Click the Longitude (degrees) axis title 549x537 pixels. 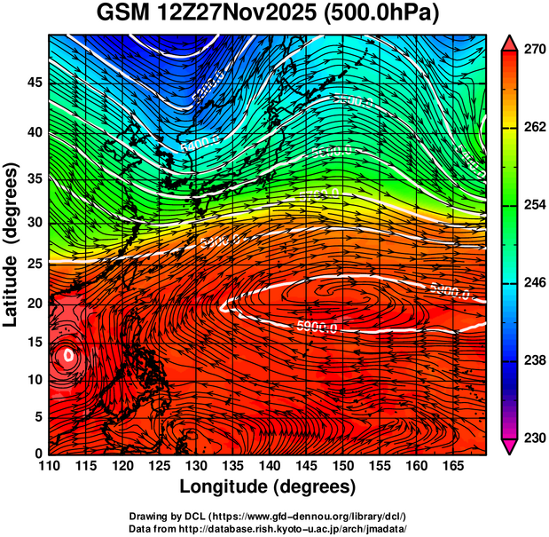[268, 487]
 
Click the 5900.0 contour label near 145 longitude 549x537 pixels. [317, 328]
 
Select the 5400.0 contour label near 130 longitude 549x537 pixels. [196, 142]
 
